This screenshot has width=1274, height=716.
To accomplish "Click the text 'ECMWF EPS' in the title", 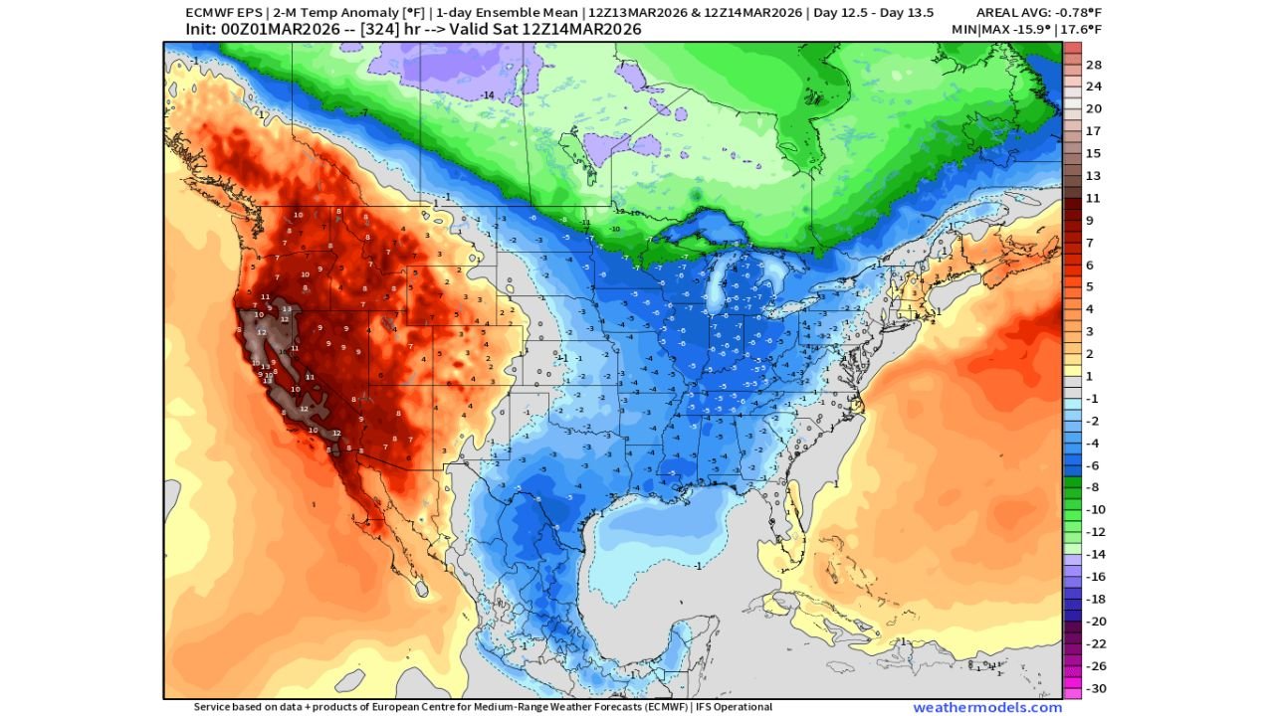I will coord(213,12).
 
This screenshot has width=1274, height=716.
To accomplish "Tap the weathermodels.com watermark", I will coord(987,707).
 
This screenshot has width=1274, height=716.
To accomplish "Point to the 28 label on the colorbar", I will coord(1093,65).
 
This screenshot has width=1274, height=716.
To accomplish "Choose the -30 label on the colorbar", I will coord(1093,688).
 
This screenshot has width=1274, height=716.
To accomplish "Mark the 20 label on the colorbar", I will coord(1093,108).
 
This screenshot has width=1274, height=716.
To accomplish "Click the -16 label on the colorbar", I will coord(1093,577).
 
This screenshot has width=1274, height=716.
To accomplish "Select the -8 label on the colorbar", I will coord(1093,487).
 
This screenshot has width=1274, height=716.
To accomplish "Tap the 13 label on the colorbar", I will coord(1093,176).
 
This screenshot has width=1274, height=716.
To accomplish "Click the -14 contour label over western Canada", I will coord(488,94).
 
